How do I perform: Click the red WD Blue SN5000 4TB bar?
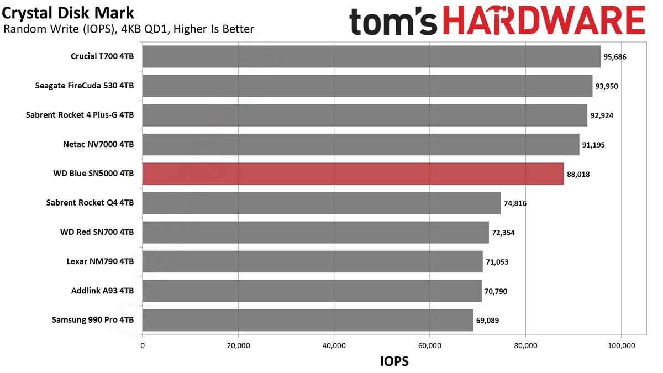tap(353, 174)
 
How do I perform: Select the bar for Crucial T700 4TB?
tap(371, 56)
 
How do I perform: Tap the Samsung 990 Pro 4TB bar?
tap(308, 321)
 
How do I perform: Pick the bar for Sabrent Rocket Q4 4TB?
tap(322, 203)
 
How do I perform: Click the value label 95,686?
tap(615, 57)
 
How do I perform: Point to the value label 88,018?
tap(578, 174)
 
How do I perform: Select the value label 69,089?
tap(487, 321)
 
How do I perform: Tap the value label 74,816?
tap(515, 203)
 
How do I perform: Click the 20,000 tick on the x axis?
tap(238, 346)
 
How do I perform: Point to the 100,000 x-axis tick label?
tap(621, 346)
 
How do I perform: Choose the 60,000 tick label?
tap(430, 346)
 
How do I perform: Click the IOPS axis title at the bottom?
tap(394, 361)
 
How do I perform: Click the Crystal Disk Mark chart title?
tap(68, 13)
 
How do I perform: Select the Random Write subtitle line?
tap(129, 29)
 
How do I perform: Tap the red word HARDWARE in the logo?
tap(544, 20)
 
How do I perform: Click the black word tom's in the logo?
tap(393, 21)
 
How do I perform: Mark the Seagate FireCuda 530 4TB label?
tap(85, 86)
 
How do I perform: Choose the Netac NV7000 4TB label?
tap(98, 144)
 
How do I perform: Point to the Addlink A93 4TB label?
tap(102, 291)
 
